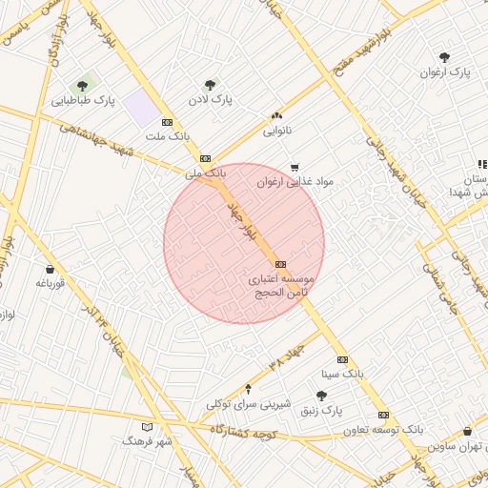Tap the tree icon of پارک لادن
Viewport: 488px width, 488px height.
(x=210, y=85)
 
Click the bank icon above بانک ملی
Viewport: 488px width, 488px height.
(x=205, y=158)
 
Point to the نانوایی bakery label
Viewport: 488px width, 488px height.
(x=277, y=128)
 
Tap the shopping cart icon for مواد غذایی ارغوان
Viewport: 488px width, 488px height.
(x=294, y=167)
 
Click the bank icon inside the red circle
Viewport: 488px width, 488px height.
(x=279, y=264)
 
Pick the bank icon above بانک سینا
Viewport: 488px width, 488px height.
(x=342, y=358)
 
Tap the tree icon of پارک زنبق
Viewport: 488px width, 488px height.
(x=321, y=396)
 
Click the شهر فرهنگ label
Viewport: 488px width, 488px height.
(x=147, y=440)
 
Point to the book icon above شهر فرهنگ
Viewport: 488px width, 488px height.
(x=146, y=426)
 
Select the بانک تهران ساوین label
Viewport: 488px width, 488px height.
(x=453, y=446)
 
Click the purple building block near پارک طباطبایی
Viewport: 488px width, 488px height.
(x=143, y=108)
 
